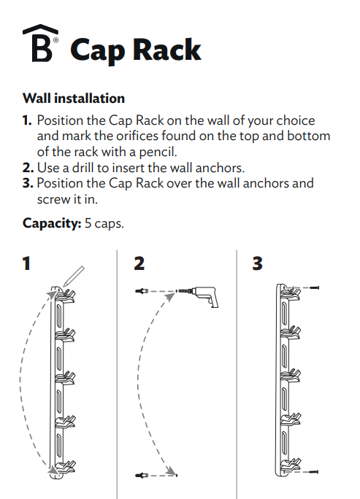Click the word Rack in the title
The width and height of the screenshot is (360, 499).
166,50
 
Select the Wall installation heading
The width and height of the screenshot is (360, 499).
74,98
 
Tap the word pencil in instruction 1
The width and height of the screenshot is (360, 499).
155,151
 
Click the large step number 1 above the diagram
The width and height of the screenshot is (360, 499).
27,263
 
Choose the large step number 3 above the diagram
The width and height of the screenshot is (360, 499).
257,263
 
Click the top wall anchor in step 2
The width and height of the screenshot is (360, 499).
142,290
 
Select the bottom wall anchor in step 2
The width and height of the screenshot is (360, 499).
142,476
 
